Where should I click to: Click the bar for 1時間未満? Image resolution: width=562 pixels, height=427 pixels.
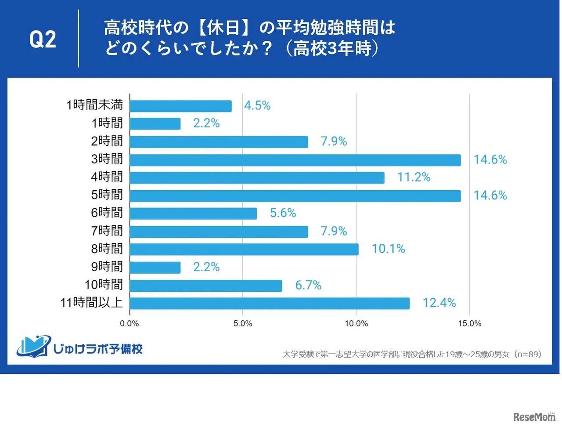(x=180, y=106)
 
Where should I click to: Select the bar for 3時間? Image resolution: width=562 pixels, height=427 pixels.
(x=295, y=160)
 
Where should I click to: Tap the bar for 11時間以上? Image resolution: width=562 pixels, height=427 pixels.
(x=270, y=303)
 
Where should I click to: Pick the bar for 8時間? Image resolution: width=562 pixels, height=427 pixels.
(x=244, y=249)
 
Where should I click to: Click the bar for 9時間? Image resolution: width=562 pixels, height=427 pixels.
(x=155, y=267)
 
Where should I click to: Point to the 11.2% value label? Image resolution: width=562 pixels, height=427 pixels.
(x=414, y=177)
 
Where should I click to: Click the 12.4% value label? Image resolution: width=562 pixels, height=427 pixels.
(x=439, y=303)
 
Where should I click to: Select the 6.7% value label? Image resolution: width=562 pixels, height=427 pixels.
(x=308, y=285)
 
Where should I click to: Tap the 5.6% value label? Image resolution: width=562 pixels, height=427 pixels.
(x=283, y=213)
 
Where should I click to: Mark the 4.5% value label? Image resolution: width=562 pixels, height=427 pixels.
(x=257, y=106)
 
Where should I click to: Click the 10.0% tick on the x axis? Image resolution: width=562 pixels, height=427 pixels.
(x=356, y=324)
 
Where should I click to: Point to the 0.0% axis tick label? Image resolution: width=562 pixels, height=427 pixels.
(x=130, y=324)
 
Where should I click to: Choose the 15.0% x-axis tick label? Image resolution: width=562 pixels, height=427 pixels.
(x=469, y=324)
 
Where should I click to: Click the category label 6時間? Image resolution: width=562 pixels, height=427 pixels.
(x=107, y=213)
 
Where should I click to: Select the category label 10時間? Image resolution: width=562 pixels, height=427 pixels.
(x=104, y=285)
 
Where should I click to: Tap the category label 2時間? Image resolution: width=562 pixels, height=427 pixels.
(x=107, y=141)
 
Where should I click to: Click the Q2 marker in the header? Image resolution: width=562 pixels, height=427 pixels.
(x=43, y=39)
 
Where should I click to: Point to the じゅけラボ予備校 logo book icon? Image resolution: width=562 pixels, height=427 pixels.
(x=32, y=347)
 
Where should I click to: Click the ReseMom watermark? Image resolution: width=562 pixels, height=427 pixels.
(x=534, y=416)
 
